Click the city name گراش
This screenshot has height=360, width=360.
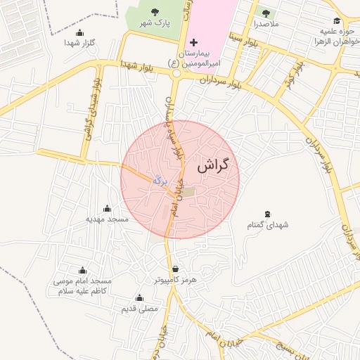point(214,167)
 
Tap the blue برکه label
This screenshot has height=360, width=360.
point(161,181)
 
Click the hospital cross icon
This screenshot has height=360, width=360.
point(195,44)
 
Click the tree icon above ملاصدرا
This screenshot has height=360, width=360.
point(266,13)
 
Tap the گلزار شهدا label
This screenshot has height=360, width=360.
point(79,44)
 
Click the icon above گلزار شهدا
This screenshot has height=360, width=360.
point(79,32)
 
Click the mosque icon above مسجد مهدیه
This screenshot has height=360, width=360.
point(107,208)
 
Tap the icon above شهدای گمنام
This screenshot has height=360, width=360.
point(267,213)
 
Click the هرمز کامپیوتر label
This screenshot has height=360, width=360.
point(175,280)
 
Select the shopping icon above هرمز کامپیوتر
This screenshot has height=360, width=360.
point(175,269)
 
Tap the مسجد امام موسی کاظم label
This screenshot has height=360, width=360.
point(83,285)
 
